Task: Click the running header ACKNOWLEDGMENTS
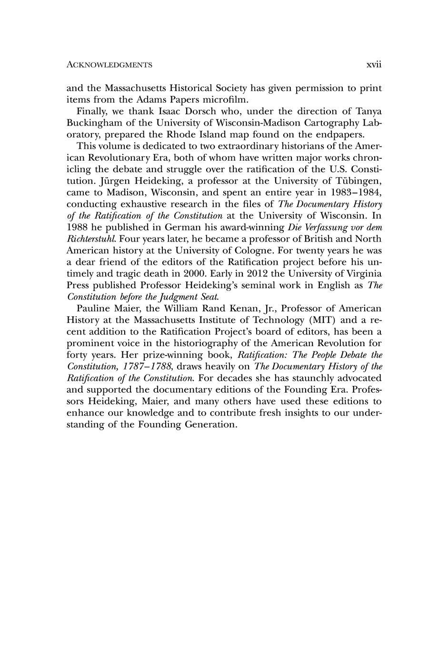coord(109,65)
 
